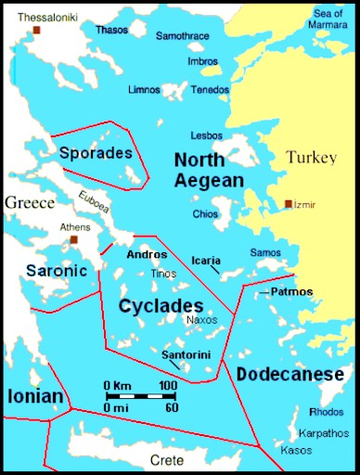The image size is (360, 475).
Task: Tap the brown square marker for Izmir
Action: point(289,203)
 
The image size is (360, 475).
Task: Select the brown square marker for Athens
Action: point(73,239)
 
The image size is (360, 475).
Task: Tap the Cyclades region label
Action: point(161,305)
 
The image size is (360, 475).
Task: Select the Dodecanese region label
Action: point(289,375)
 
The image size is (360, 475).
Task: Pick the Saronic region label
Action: point(55,271)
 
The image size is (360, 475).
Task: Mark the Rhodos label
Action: point(324,413)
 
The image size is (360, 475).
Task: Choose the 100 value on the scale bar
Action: point(167,385)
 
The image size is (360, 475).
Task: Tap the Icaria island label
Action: point(205,261)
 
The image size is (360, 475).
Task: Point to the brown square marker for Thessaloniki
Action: point(37,31)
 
